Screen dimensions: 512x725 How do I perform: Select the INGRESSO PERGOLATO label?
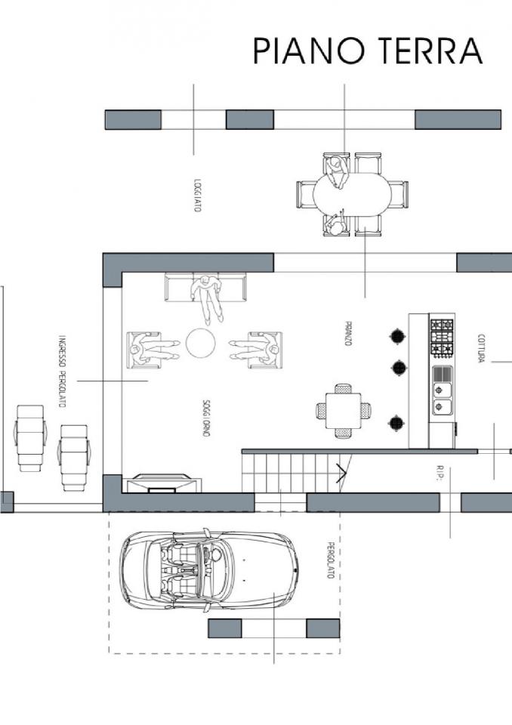tap(63, 372)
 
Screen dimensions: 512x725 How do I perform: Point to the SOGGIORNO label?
tap(206, 418)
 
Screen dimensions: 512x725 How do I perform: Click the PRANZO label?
tap(349, 333)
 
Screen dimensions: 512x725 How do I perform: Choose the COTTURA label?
tap(481, 348)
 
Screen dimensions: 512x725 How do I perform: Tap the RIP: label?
tap(440, 473)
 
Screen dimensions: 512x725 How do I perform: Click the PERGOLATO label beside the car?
tap(330, 560)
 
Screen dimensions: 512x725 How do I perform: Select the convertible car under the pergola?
tap(208, 569)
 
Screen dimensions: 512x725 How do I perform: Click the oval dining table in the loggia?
tap(352, 194)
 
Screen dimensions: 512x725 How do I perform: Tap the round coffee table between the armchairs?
tap(200, 343)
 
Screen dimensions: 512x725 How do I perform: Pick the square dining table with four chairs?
tap(343, 411)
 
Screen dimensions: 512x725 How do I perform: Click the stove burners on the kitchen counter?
tap(442, 338)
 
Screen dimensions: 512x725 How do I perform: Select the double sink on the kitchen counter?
tap(443, 399)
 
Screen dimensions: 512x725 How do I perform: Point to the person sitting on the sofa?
tap(208, 296)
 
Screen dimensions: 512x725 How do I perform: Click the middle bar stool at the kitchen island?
tap(399, 368)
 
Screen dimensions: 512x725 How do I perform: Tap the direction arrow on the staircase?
tap(341, 474)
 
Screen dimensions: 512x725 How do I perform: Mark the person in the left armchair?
tap(153, 350)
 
